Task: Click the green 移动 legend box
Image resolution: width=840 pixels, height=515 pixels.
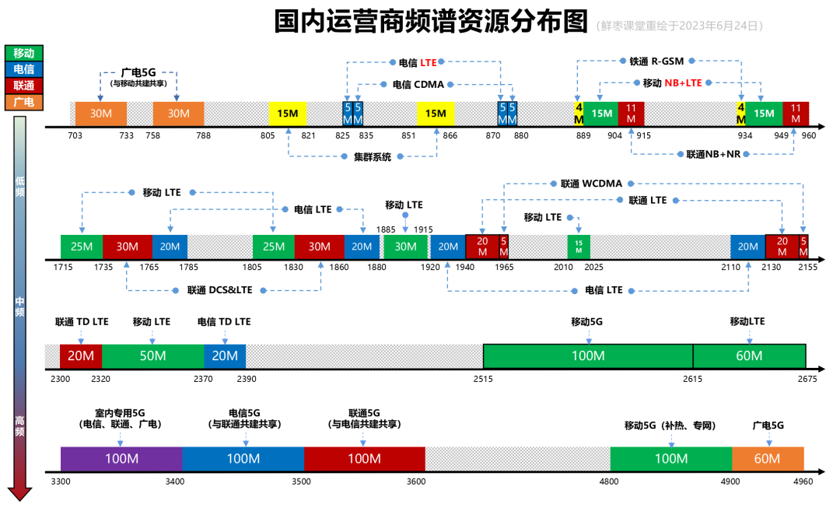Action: click(x=24, y=53)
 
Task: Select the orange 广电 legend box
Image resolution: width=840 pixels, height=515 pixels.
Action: click(x=24, y=102)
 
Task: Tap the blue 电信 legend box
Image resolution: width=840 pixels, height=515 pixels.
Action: click(x=24, y=69)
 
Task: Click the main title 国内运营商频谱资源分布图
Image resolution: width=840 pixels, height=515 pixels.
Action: click(x=431, y=22)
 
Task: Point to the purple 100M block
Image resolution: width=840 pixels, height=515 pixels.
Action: click(x=121, y=459)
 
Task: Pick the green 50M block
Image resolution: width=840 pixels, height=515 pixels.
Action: click(x=152, y=356)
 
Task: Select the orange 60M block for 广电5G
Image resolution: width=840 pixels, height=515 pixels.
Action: click(x=767, y=459)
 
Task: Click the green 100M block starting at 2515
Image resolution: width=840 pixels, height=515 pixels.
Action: click(x=588, y=356)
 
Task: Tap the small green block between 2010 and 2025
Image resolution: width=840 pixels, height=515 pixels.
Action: click(x=579, y=247)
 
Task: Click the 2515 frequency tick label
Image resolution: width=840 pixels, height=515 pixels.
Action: click(x=482, y=379)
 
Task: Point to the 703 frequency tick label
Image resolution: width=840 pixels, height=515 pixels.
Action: click(x=75, y=135)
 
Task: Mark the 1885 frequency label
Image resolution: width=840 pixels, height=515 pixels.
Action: click(x=387, y=229)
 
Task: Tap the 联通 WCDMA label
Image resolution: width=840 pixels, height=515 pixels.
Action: click(x=591, y=184)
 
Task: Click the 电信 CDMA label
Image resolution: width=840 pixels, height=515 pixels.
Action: click(x=418, y=85)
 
